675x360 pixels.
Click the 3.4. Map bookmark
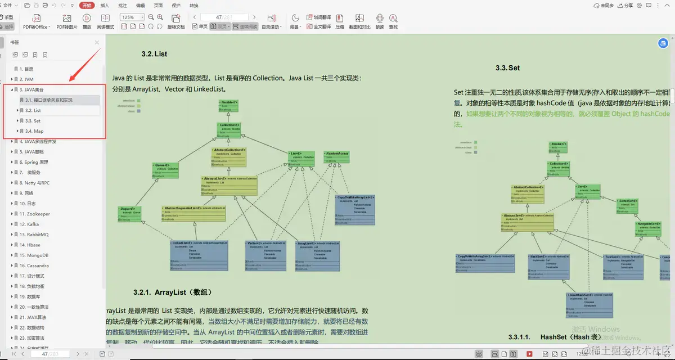[34, 131]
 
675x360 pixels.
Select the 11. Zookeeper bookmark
[35, 214]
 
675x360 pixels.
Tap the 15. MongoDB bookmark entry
[34, 255]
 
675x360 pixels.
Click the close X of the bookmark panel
[97, 42]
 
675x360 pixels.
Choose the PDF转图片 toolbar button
[66, 21]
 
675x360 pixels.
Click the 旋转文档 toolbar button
[175, 21]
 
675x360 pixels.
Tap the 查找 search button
[393, 21]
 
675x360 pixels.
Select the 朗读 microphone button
[380, 21]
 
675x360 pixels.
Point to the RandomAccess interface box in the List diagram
[337, 157]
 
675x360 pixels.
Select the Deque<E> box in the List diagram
[130, 214]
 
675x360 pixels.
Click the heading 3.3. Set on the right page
[507, 67]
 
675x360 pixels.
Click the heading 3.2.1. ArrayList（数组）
[173, 292]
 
